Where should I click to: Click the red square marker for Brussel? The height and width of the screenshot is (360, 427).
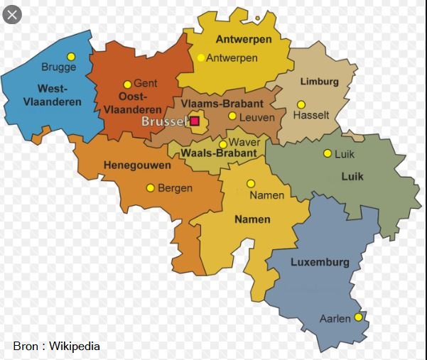coord(194,121)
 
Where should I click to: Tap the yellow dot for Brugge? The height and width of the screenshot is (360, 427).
coord(70,56)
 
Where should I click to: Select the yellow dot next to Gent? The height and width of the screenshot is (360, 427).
coord(127,84)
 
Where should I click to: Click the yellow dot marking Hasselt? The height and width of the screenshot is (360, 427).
coord(301,104)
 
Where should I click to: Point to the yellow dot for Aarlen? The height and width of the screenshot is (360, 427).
coord(358,317)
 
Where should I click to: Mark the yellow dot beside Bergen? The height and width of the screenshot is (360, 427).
coord(150,188)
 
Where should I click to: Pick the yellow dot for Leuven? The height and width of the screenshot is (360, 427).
coord(232,116)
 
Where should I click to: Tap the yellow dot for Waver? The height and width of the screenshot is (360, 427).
coord(223,143)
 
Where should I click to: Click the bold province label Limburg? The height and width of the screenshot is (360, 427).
coord(319,82)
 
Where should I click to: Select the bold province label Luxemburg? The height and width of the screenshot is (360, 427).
coord(320,262)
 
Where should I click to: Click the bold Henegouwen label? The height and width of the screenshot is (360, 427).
coord(137,165)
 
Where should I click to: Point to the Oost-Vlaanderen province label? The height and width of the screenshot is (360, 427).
coord(132,103)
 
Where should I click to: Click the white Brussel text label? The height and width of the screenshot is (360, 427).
coord(164,121)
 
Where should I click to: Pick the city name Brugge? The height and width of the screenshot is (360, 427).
coord(58,67)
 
